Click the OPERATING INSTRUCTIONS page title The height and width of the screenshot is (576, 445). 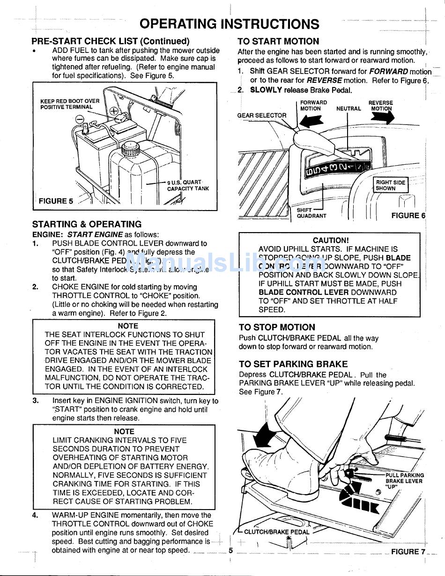[x=230, y=23]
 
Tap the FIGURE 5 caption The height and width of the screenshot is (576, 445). [x=56, y=201]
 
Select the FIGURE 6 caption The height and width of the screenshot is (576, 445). [x=408, y=216]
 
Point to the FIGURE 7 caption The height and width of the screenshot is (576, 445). [x=408, y=552]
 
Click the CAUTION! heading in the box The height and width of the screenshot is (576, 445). [x=331, y=241]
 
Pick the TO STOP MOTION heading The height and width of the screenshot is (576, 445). [x=277, y=328]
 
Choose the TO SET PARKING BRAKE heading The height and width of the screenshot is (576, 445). [x=293, y=364]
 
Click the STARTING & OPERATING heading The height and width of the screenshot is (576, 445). [x=87, y=224]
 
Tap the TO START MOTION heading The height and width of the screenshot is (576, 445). [x=278, y=41]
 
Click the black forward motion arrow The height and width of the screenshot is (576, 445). [x=311, y=121]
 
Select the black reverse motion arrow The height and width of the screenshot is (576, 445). [x=382, y=117]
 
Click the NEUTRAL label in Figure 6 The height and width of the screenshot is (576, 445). [x=349, y=109]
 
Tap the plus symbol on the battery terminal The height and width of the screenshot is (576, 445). [x=114, y=111]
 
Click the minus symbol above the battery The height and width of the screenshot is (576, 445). [x=80, y=119]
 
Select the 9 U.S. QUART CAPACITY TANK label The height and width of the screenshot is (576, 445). [x=187, y=185]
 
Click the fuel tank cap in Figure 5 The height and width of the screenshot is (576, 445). [x=130, y=149]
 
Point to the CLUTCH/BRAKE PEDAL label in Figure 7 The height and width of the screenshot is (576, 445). [x=276, y=532]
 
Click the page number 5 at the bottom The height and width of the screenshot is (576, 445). [x=230, y=551]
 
